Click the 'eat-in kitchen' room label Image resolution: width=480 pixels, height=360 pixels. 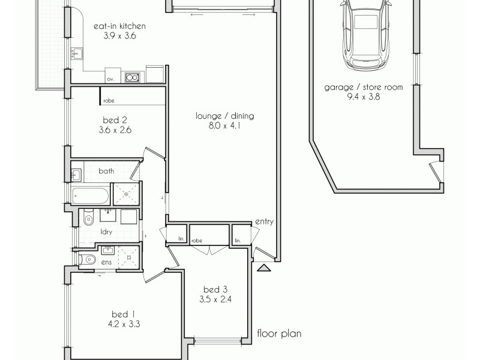[121, 26]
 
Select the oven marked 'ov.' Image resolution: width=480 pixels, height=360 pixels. [110, 78]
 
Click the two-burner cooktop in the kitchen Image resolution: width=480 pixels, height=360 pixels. [132, 77]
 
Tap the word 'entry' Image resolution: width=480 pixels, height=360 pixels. [264, 221]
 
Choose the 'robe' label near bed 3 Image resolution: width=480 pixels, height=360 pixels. [196, 241]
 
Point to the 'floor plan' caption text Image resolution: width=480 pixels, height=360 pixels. [279, 333]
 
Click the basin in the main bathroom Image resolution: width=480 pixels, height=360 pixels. [76, 176]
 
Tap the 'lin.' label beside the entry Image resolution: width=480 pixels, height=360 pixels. [238, 241]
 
